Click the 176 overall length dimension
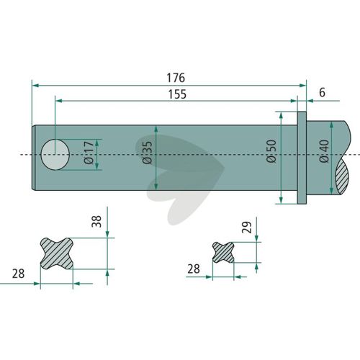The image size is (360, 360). (176, 78)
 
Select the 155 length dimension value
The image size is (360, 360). (177, 94)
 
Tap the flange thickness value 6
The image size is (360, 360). (322, 93)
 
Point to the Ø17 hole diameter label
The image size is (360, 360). (89, 153)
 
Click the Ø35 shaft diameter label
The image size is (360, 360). (147, 153)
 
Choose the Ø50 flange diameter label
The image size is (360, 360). (271, 151)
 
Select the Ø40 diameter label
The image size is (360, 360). (324, 151)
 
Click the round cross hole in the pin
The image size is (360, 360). (55, 155)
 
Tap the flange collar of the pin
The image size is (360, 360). (302, 158)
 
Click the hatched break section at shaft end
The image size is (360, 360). (342, 177)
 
